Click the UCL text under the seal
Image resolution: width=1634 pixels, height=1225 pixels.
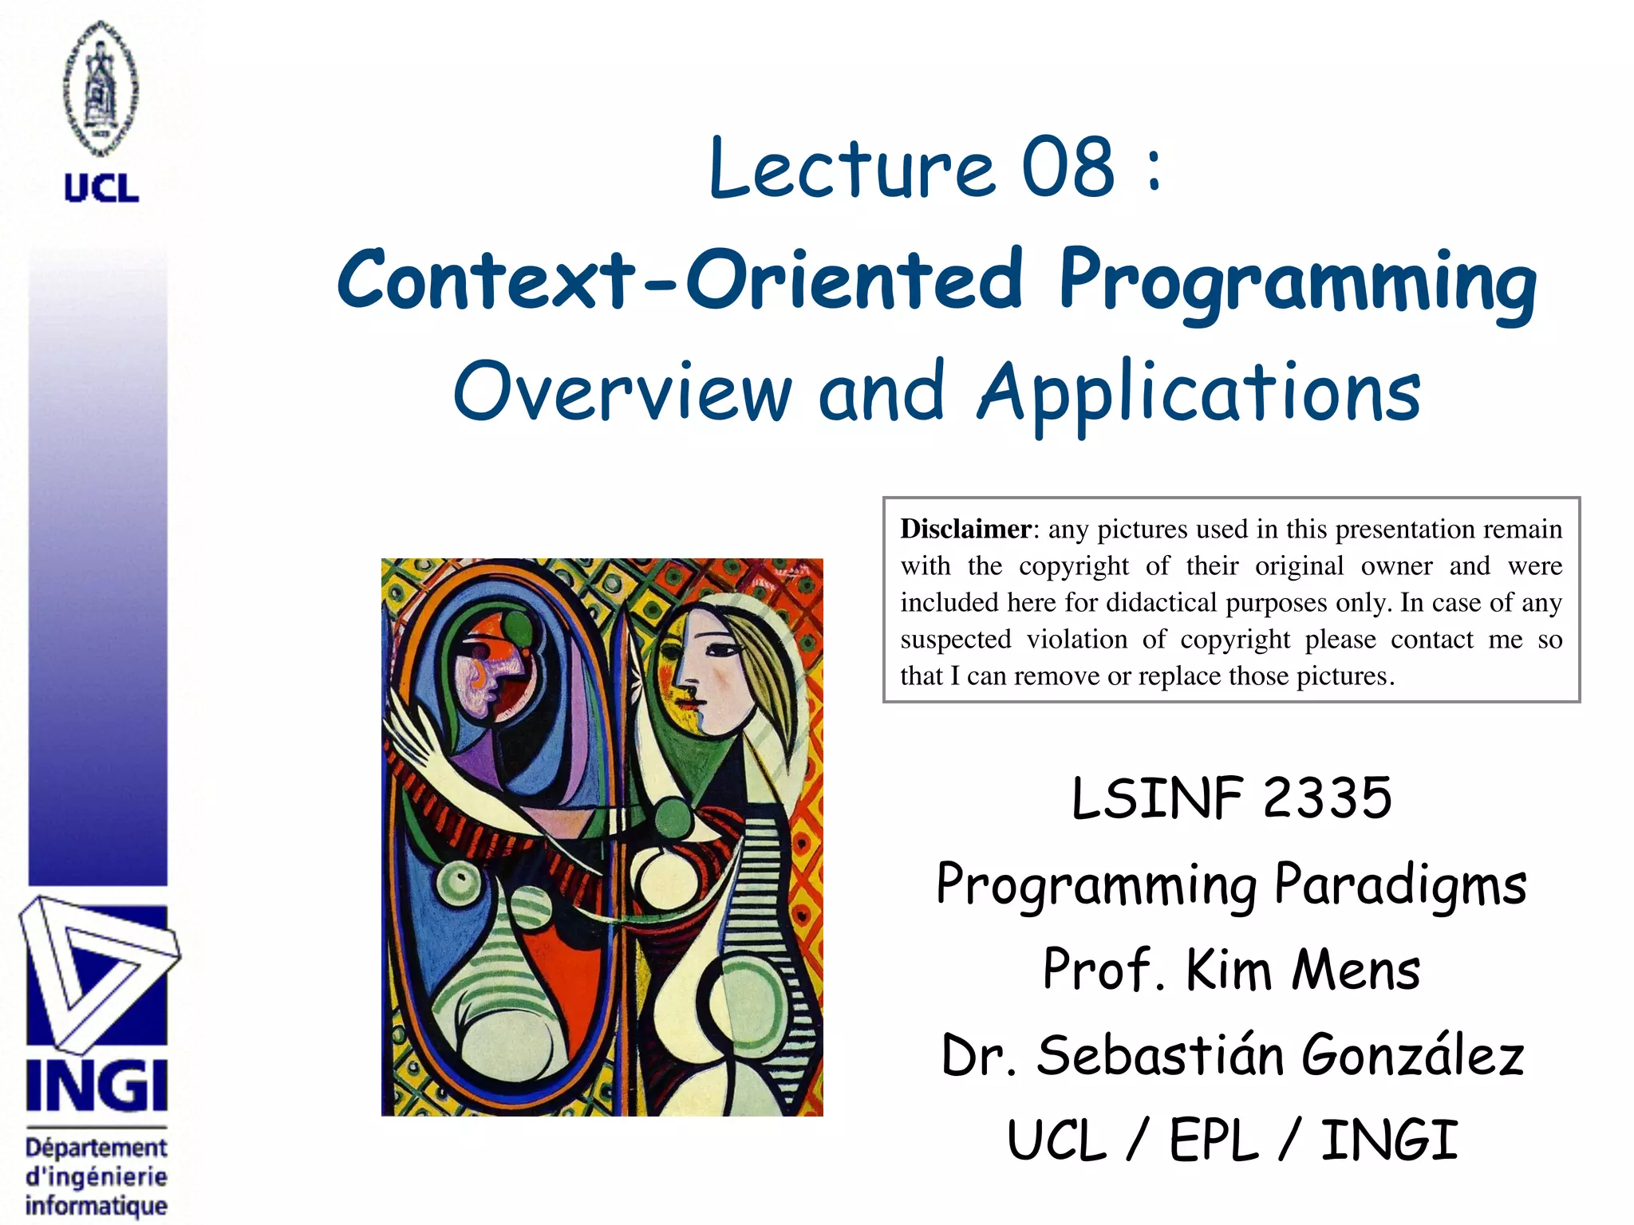(x=101, y=188)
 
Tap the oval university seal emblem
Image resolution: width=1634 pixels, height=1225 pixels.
(x=101, y=88)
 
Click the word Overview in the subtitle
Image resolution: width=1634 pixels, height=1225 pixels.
(x=622, y=392)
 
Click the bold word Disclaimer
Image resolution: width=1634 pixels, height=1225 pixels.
(x=965, y=530)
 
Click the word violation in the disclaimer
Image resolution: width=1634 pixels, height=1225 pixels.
(x=1077, y=639)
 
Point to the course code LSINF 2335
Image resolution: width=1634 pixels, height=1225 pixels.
(x=1231, y=798)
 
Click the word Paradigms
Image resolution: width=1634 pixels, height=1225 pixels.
(x=1400, y=885)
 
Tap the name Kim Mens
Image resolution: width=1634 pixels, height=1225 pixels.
(x=1303, y=971)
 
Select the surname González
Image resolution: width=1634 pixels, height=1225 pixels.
(x=1413, y=1055)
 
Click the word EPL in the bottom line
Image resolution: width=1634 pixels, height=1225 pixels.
(x=1214, y=1140)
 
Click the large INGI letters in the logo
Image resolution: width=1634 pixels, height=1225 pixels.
(x=97, y=1085)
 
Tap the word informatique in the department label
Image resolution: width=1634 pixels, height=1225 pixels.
(x=97, y=1205)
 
